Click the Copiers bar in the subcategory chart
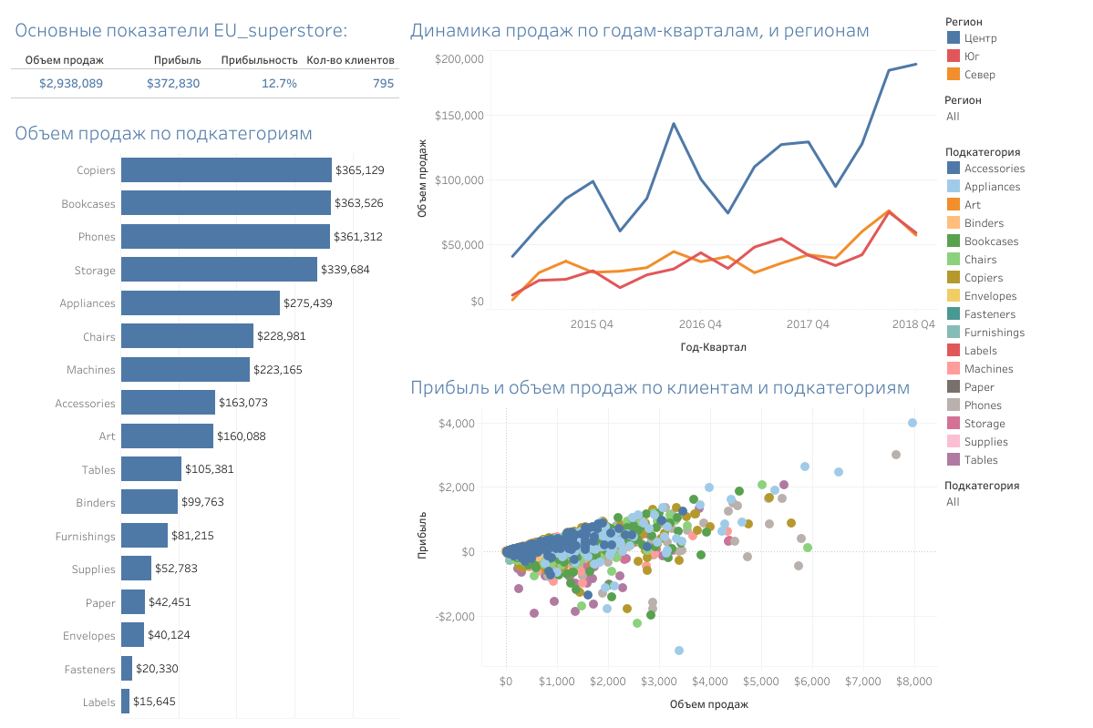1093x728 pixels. pyautogui.click(x=226, y=170)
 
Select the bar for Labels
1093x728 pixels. pyautogui.click(x=126, y=702)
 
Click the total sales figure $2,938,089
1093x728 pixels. pyautogui.click(x=71, y=84)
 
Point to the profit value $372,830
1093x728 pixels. pyautogui.click(x=173, y=84)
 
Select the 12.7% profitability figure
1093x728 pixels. pyautogui.click(x=279, y=84)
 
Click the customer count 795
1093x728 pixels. pyautogui.click(x=384, y=84)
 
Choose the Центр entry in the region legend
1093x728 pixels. pyautogui.click(x=980, y=38)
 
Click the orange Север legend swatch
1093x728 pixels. pyautogui.click(x=954, y=75)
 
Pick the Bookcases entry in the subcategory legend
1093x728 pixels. pyautogui.click(x=991, y=241)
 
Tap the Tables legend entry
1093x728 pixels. pyautogui.click(x=981, y=460)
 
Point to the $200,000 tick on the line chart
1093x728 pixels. pyautogui.click(x=459, y=59)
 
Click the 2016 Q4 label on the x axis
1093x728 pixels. pyautogui.click(x=700, y=323)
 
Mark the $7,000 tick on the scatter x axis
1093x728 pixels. pyautogui.click(x=862, y=681)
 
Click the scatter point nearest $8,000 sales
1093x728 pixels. pyautogui.click(x=912, y=423)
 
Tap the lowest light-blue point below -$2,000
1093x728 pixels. pyautogui.click(x=679, y=651)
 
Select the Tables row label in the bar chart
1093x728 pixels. pyautogui.click(x=99, y=470)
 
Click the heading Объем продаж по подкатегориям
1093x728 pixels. pyautogui.click(x=164, y=134)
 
